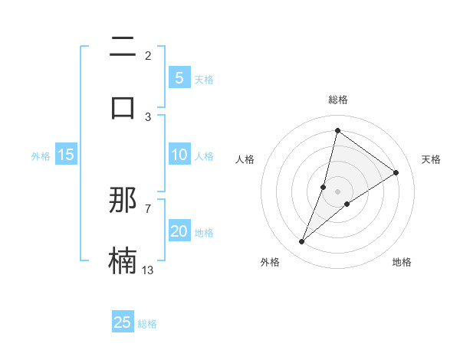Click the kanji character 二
coord(123,47)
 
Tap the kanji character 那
coord(123,200)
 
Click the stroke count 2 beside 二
coord(148,56)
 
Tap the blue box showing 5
coord(179,77)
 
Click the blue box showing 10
coord(179,155)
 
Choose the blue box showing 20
coord(179,231)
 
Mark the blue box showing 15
coord(66,155)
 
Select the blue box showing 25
coord(123,322)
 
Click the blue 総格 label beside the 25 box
coord(148,324)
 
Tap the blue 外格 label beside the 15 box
coord(41,156)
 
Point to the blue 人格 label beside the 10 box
coord(204,156)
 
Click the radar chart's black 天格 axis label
coord(431,159)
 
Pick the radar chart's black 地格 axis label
coord(402,262)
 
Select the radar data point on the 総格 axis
coord(337,130)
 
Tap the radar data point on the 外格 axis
coord(302,242)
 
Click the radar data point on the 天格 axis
coord(396,173)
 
